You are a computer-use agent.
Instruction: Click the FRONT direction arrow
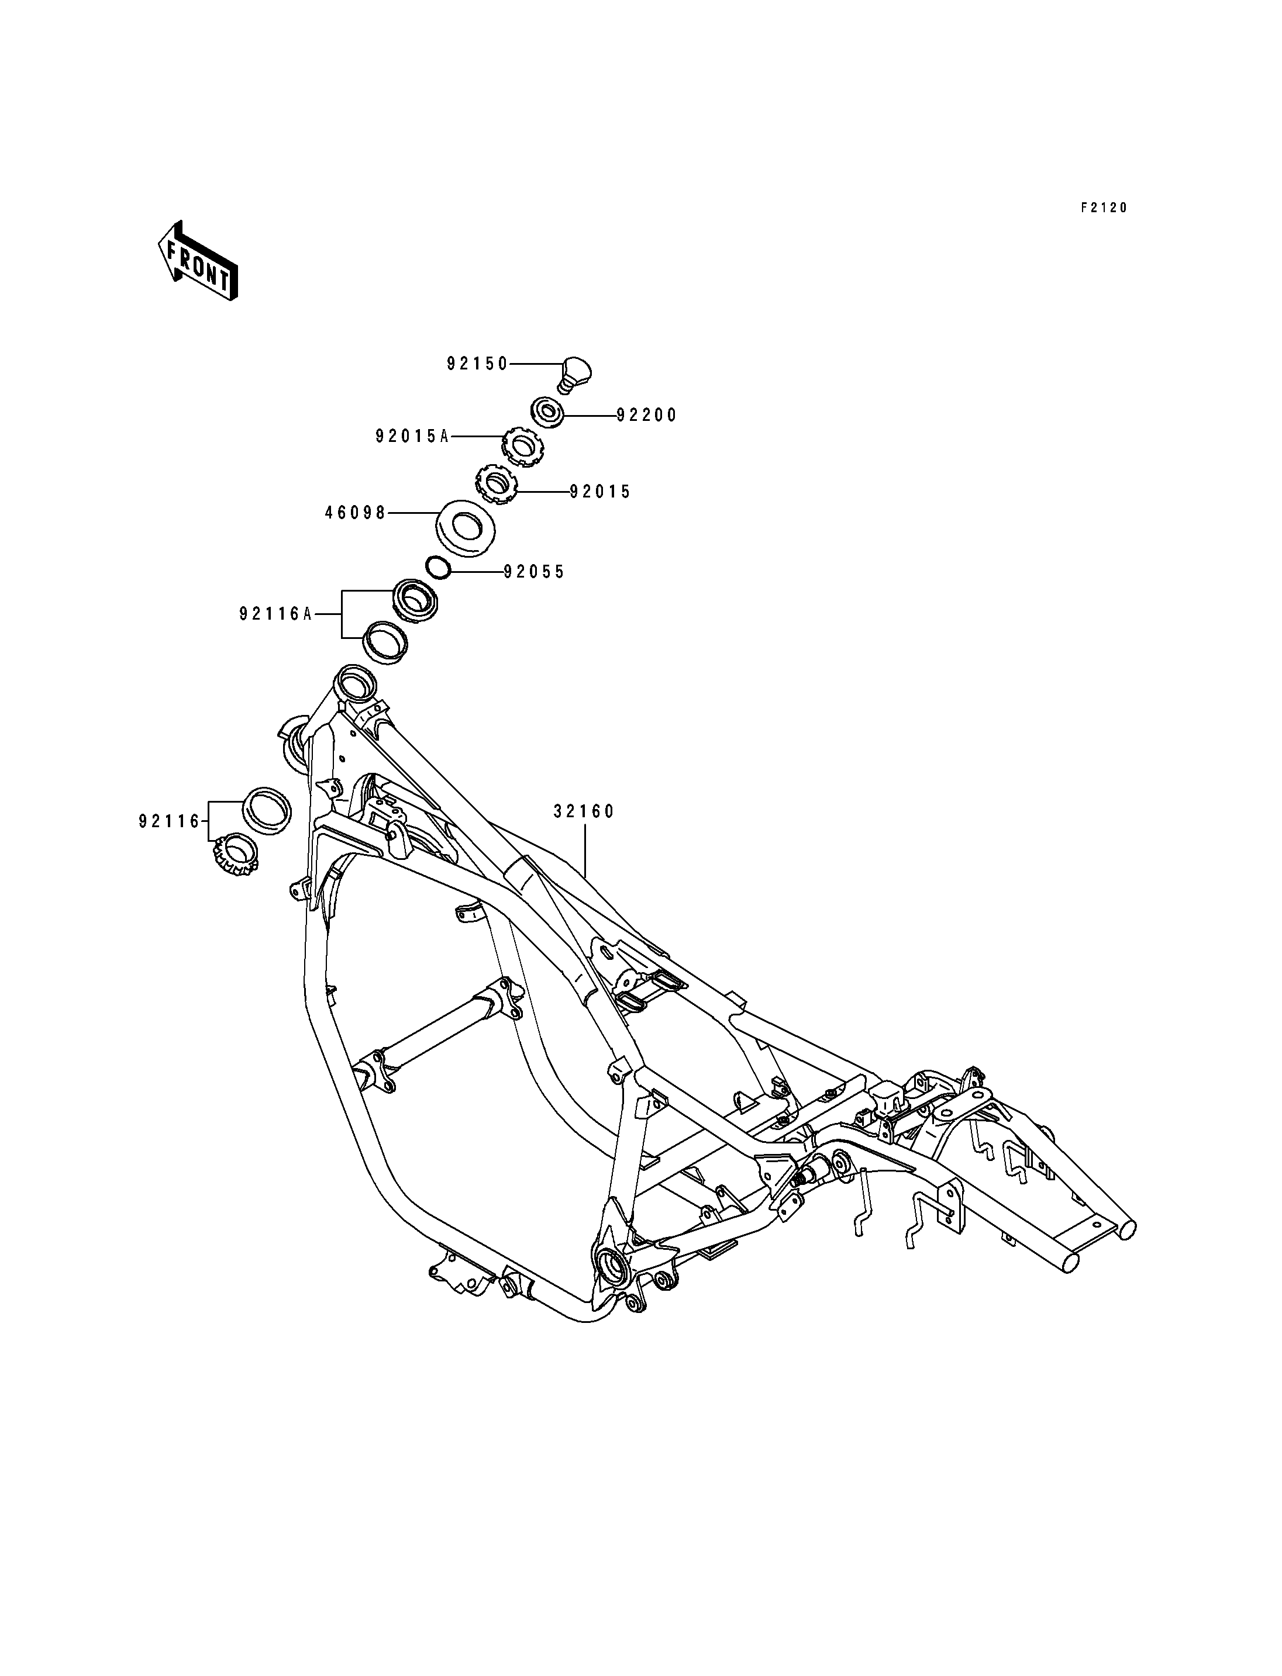pyautogui.click(x=198, y=261)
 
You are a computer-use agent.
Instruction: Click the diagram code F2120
pyautogui.click(x=1104, y=208)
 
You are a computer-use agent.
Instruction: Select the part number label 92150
pyautogui.click(x=478, y=364)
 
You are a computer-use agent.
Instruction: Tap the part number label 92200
pyautogui.click(x=647, y=415)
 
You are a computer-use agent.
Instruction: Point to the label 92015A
pyautogui.click(x=412, y=436)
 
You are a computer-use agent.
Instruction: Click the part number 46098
pyautogui.click(x=356, y=513)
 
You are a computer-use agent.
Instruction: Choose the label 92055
pyautogui.click(x=534, y=572)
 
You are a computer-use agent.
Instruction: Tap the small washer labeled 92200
pyautogui.click(x=548, y=413)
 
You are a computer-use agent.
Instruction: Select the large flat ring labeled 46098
pyautogui.click(x=466, y=526)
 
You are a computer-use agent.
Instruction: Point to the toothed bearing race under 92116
pyautogui.click(x=235, y=853)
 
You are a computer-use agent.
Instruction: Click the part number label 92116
pyautogui.click(x=170, y=821)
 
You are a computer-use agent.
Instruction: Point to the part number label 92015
pyautogui.click(x=601, y=492)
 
